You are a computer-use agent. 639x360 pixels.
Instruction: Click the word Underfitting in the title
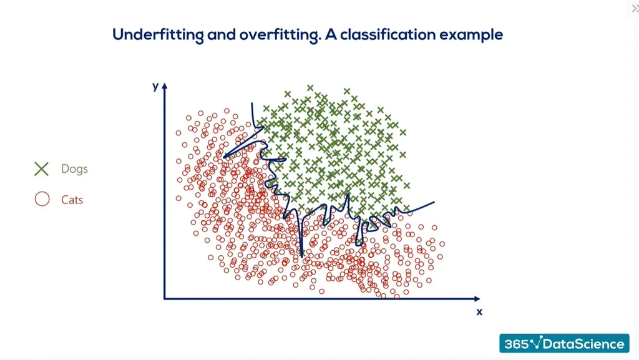[x=158, y=35]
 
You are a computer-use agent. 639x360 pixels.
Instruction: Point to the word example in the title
[x=471, y=35]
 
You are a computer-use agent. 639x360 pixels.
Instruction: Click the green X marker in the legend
[x=42, y=169]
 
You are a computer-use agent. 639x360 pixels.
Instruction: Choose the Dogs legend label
[x=74, y=169]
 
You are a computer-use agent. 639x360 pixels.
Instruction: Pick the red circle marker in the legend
[x=42, y=200]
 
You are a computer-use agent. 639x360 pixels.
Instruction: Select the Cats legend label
[x=72, y=200]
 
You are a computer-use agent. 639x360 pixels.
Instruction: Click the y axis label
[x=155, y=87]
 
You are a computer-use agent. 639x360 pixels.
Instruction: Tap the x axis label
[x=479, y=311]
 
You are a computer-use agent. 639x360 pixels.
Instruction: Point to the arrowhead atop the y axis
[x=165, y=86]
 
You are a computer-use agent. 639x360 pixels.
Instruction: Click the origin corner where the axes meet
[x=165, y=299]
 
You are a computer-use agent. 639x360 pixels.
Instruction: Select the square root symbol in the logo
[x=536, y=343]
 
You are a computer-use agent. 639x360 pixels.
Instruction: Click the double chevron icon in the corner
[x=635, y=7]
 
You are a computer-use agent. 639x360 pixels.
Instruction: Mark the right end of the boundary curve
[x=434, y=202]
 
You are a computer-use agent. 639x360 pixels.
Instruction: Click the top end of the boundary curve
[x=252, y=104]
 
